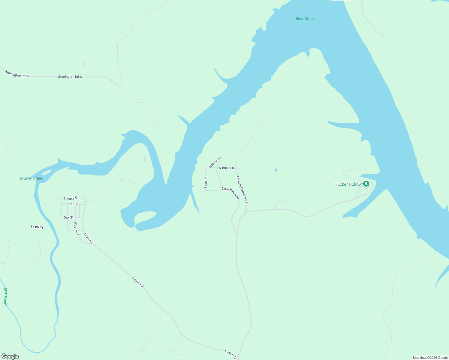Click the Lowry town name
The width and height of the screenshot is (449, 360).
[x=37, y=227]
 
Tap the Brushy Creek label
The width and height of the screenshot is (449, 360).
[x=31, y=178]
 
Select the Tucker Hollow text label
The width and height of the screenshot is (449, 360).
[x=348, y=184]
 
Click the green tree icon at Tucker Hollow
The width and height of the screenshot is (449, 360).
[x=366, y=184]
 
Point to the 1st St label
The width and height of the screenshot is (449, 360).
[x=73, y=204]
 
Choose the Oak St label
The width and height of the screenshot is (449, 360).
[x=68, y=217]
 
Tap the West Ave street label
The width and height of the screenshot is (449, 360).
[x=76, y=229]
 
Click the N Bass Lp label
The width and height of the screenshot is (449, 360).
[x=215, y=162]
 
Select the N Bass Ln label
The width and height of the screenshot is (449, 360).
[x=226, y=168]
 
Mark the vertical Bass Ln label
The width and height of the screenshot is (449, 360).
[x=206, y=183]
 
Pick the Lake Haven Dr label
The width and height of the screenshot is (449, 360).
[x=230, y=193]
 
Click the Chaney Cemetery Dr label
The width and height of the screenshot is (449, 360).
[x=242, y=190]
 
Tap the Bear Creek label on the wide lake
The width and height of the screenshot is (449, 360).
[x=305, y=19]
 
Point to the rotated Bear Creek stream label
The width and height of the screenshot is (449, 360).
[x=5, y=296]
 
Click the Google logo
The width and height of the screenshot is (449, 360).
[x=10, y=356]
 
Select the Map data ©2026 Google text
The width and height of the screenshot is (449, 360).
[x=430, y=358]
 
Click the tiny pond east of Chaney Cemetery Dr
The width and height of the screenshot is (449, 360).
[x=276, y=170]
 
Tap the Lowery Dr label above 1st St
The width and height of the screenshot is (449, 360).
[x=71, y=198]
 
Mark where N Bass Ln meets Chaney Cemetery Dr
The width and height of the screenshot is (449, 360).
[x=237, y=168]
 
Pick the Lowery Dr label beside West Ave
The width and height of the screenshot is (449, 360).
[x=89, y=239]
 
